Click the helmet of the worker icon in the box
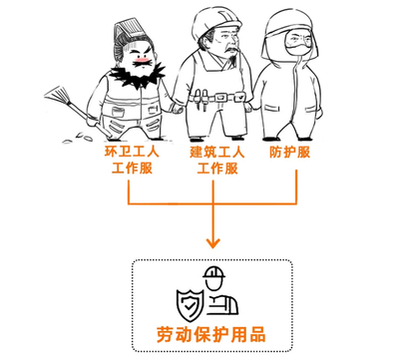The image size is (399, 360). point(214,274)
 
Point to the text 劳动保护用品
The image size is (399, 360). point(211,332)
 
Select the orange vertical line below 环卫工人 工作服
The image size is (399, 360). point(129,191)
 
